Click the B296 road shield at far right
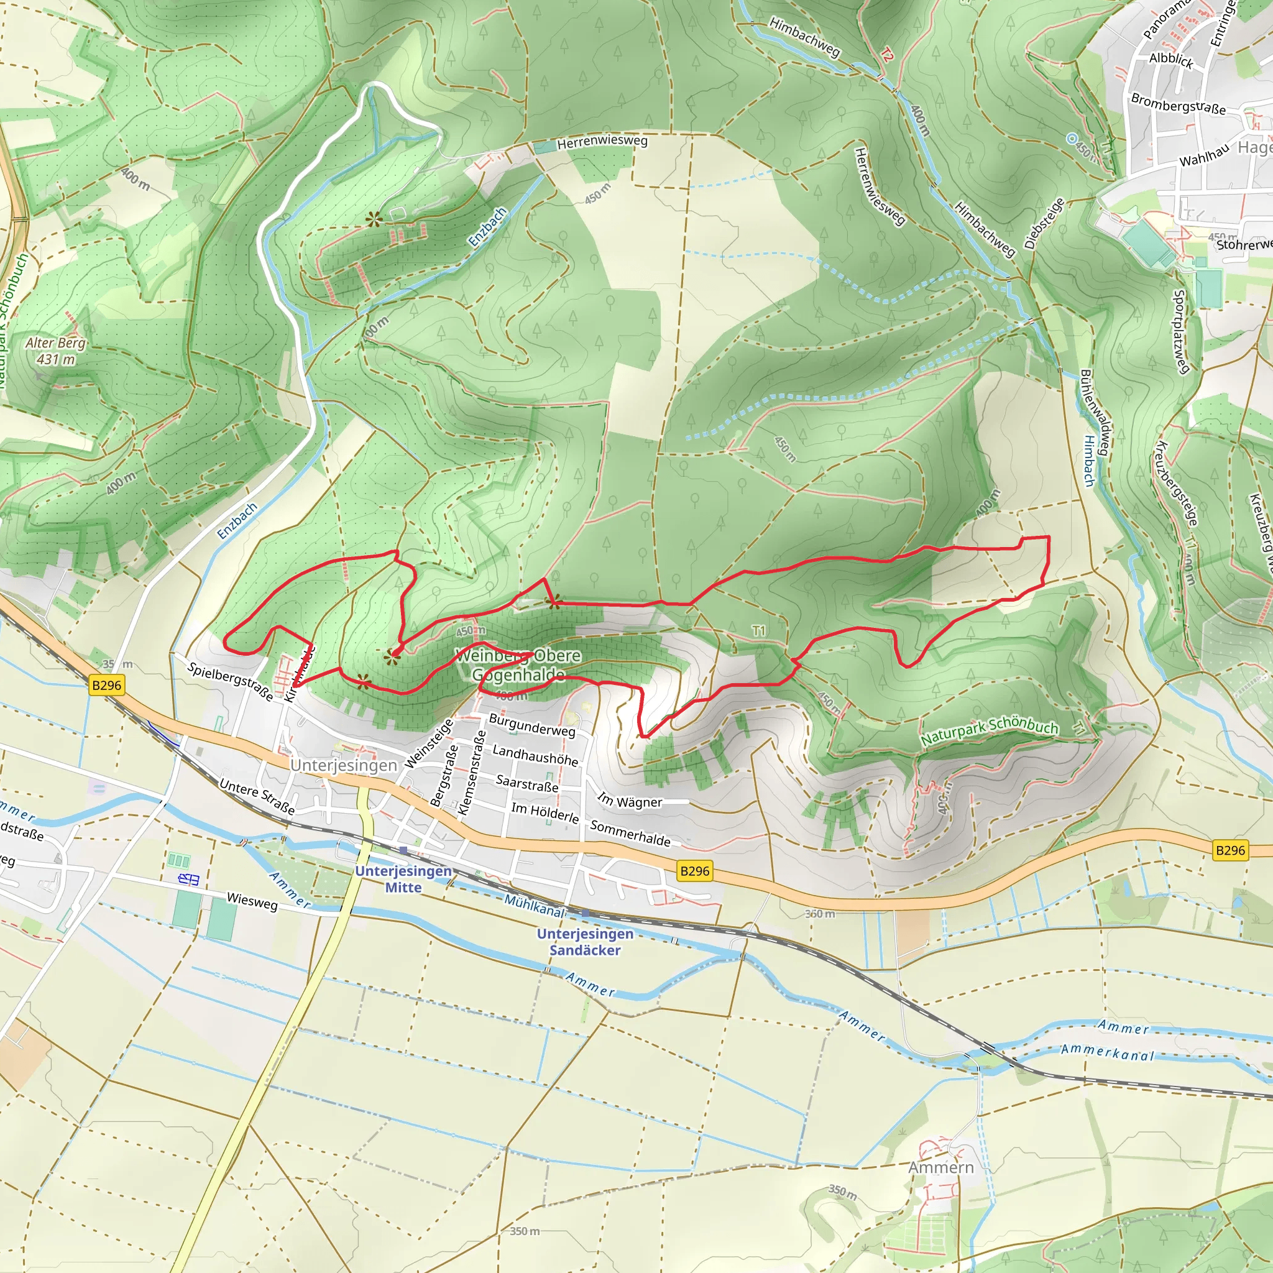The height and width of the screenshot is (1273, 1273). pos(1229,850)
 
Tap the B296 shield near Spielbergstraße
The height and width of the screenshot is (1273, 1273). pos(106,685)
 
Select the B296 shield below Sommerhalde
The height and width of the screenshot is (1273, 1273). pos(694,871)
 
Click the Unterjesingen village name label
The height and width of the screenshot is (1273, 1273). pos(343,765)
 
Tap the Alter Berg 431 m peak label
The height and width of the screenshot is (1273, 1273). pos(56,351)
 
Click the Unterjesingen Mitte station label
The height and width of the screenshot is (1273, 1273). pos(403,879)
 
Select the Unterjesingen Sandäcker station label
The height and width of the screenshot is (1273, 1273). pos(585,942)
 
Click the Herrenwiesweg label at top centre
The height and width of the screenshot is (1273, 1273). pos(602,142)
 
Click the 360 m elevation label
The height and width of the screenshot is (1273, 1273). pos(820,914)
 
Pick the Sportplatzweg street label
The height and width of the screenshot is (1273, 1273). pos(1181,331)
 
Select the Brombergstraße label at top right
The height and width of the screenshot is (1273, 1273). pos(1178,103)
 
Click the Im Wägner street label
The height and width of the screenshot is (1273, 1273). pos(629,801)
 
